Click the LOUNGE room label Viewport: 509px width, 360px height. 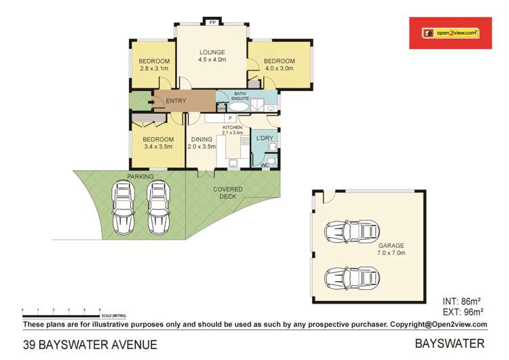tap(212, 52)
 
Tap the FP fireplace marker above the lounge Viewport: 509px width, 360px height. tap(212, 22)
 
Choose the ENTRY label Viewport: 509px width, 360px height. tap(175, 101)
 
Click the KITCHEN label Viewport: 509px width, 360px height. tap(233, 127)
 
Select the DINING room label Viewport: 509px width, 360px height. tap(202, 139)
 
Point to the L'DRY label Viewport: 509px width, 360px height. tap(263, 139)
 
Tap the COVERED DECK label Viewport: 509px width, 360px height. tap(227, 193)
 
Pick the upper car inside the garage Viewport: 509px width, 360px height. tap(351, 232)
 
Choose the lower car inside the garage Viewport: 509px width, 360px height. tap(351, 278)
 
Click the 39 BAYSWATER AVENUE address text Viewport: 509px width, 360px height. tap(90, 344)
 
